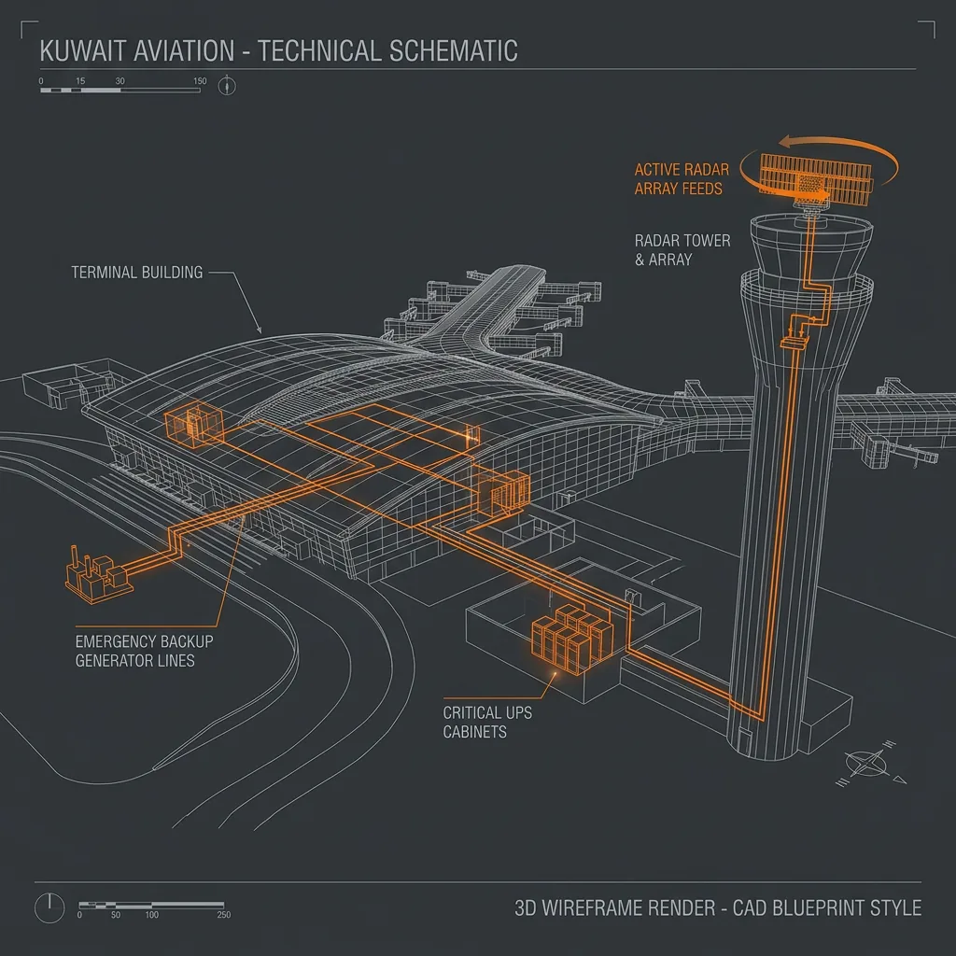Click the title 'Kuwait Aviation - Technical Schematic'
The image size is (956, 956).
[278, 50]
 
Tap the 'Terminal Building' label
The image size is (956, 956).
[137, 272]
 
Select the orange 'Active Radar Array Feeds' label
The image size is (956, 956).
[682, 179]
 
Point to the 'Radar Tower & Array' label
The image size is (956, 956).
[682, 250]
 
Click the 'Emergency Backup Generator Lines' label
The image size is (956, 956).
[144, 651]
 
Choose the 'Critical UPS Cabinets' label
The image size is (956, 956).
[487, 722]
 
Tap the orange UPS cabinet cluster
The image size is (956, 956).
[572, 639]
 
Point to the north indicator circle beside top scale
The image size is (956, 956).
[227, 85]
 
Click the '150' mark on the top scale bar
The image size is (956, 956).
[200, 81]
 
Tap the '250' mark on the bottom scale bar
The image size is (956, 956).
[224, 915]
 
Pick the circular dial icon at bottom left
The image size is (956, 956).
[49, 907]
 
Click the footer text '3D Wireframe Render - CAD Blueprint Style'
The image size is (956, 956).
[718, 907]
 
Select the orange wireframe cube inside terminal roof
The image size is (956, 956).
[194, 425]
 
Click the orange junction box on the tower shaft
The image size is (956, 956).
[794, 343]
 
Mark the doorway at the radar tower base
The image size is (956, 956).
[743, 739]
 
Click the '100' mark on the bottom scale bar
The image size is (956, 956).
[151, 915]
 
